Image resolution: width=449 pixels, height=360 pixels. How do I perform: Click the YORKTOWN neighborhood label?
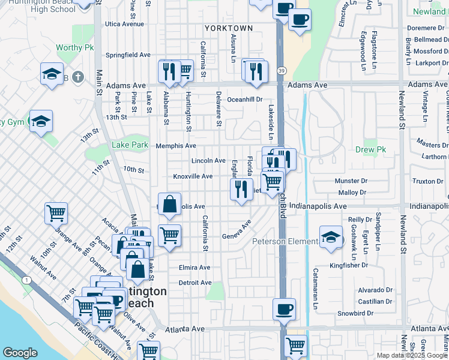tap(228, 28)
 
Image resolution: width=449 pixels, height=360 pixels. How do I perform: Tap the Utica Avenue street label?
tap(124, 24)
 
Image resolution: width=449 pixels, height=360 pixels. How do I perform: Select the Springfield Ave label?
tap(128, 55)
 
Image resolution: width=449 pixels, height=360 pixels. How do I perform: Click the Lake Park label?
tap(130, 145)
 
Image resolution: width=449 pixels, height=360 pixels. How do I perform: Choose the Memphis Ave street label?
tap(176, 146)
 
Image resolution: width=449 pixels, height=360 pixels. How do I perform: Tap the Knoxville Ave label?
tap(193, 176)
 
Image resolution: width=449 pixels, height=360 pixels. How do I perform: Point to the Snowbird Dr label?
tap(355, 313)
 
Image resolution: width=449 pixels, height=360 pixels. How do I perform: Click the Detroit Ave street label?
tap(195, 283)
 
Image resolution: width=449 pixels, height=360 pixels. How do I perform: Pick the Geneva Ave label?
tap(236, 231)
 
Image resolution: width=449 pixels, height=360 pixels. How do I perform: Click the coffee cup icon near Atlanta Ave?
tap(284, 310)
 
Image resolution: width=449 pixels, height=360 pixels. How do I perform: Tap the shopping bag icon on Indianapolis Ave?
tap(170, 203)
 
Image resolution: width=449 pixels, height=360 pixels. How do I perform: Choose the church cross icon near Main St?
tap(77, 77)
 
